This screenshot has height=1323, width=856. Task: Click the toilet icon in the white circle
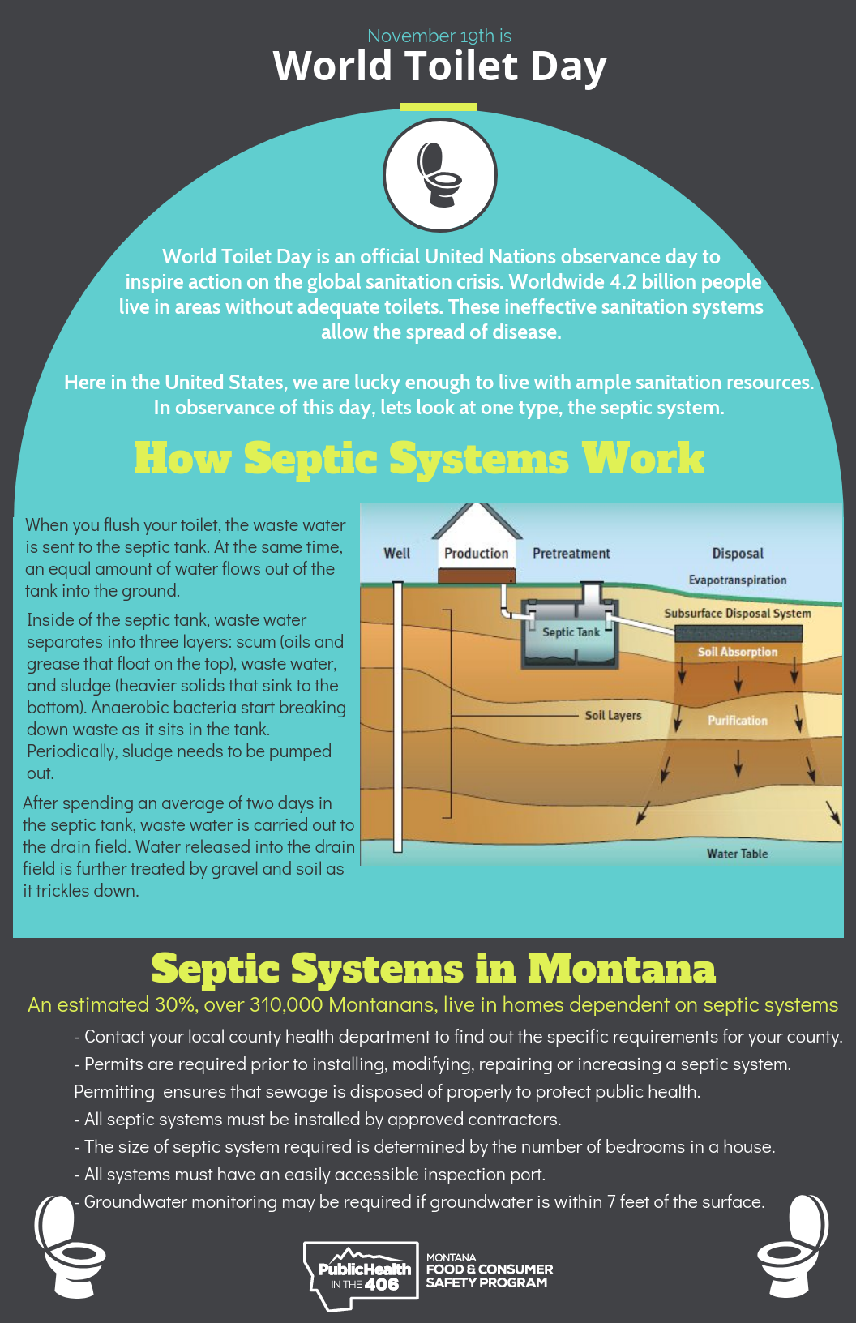(439, 174)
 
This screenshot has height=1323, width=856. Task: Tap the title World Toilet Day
(439, 66)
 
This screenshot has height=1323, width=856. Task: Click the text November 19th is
(439, 36)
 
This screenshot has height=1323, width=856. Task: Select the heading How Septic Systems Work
(418, 458)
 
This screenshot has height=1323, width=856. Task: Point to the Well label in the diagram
(396, 553)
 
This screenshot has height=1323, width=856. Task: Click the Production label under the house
(476, 553)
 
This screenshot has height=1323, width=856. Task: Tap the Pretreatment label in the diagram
(571, 553)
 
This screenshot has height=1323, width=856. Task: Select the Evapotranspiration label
(738, 580)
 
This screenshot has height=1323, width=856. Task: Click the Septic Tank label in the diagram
(571, 632)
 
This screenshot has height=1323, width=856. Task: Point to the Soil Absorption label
(738, 652)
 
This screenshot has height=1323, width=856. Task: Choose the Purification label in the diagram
(738, 720)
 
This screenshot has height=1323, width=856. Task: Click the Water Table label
(737, 854)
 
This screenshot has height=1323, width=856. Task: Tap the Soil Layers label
(613, 715)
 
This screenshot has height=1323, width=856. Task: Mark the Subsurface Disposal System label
(738, 614)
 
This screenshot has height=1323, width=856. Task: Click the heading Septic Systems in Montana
(434, 968)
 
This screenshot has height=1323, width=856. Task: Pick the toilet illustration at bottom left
(68, 1244)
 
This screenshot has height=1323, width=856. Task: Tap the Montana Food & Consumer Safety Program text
(489, 1271)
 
